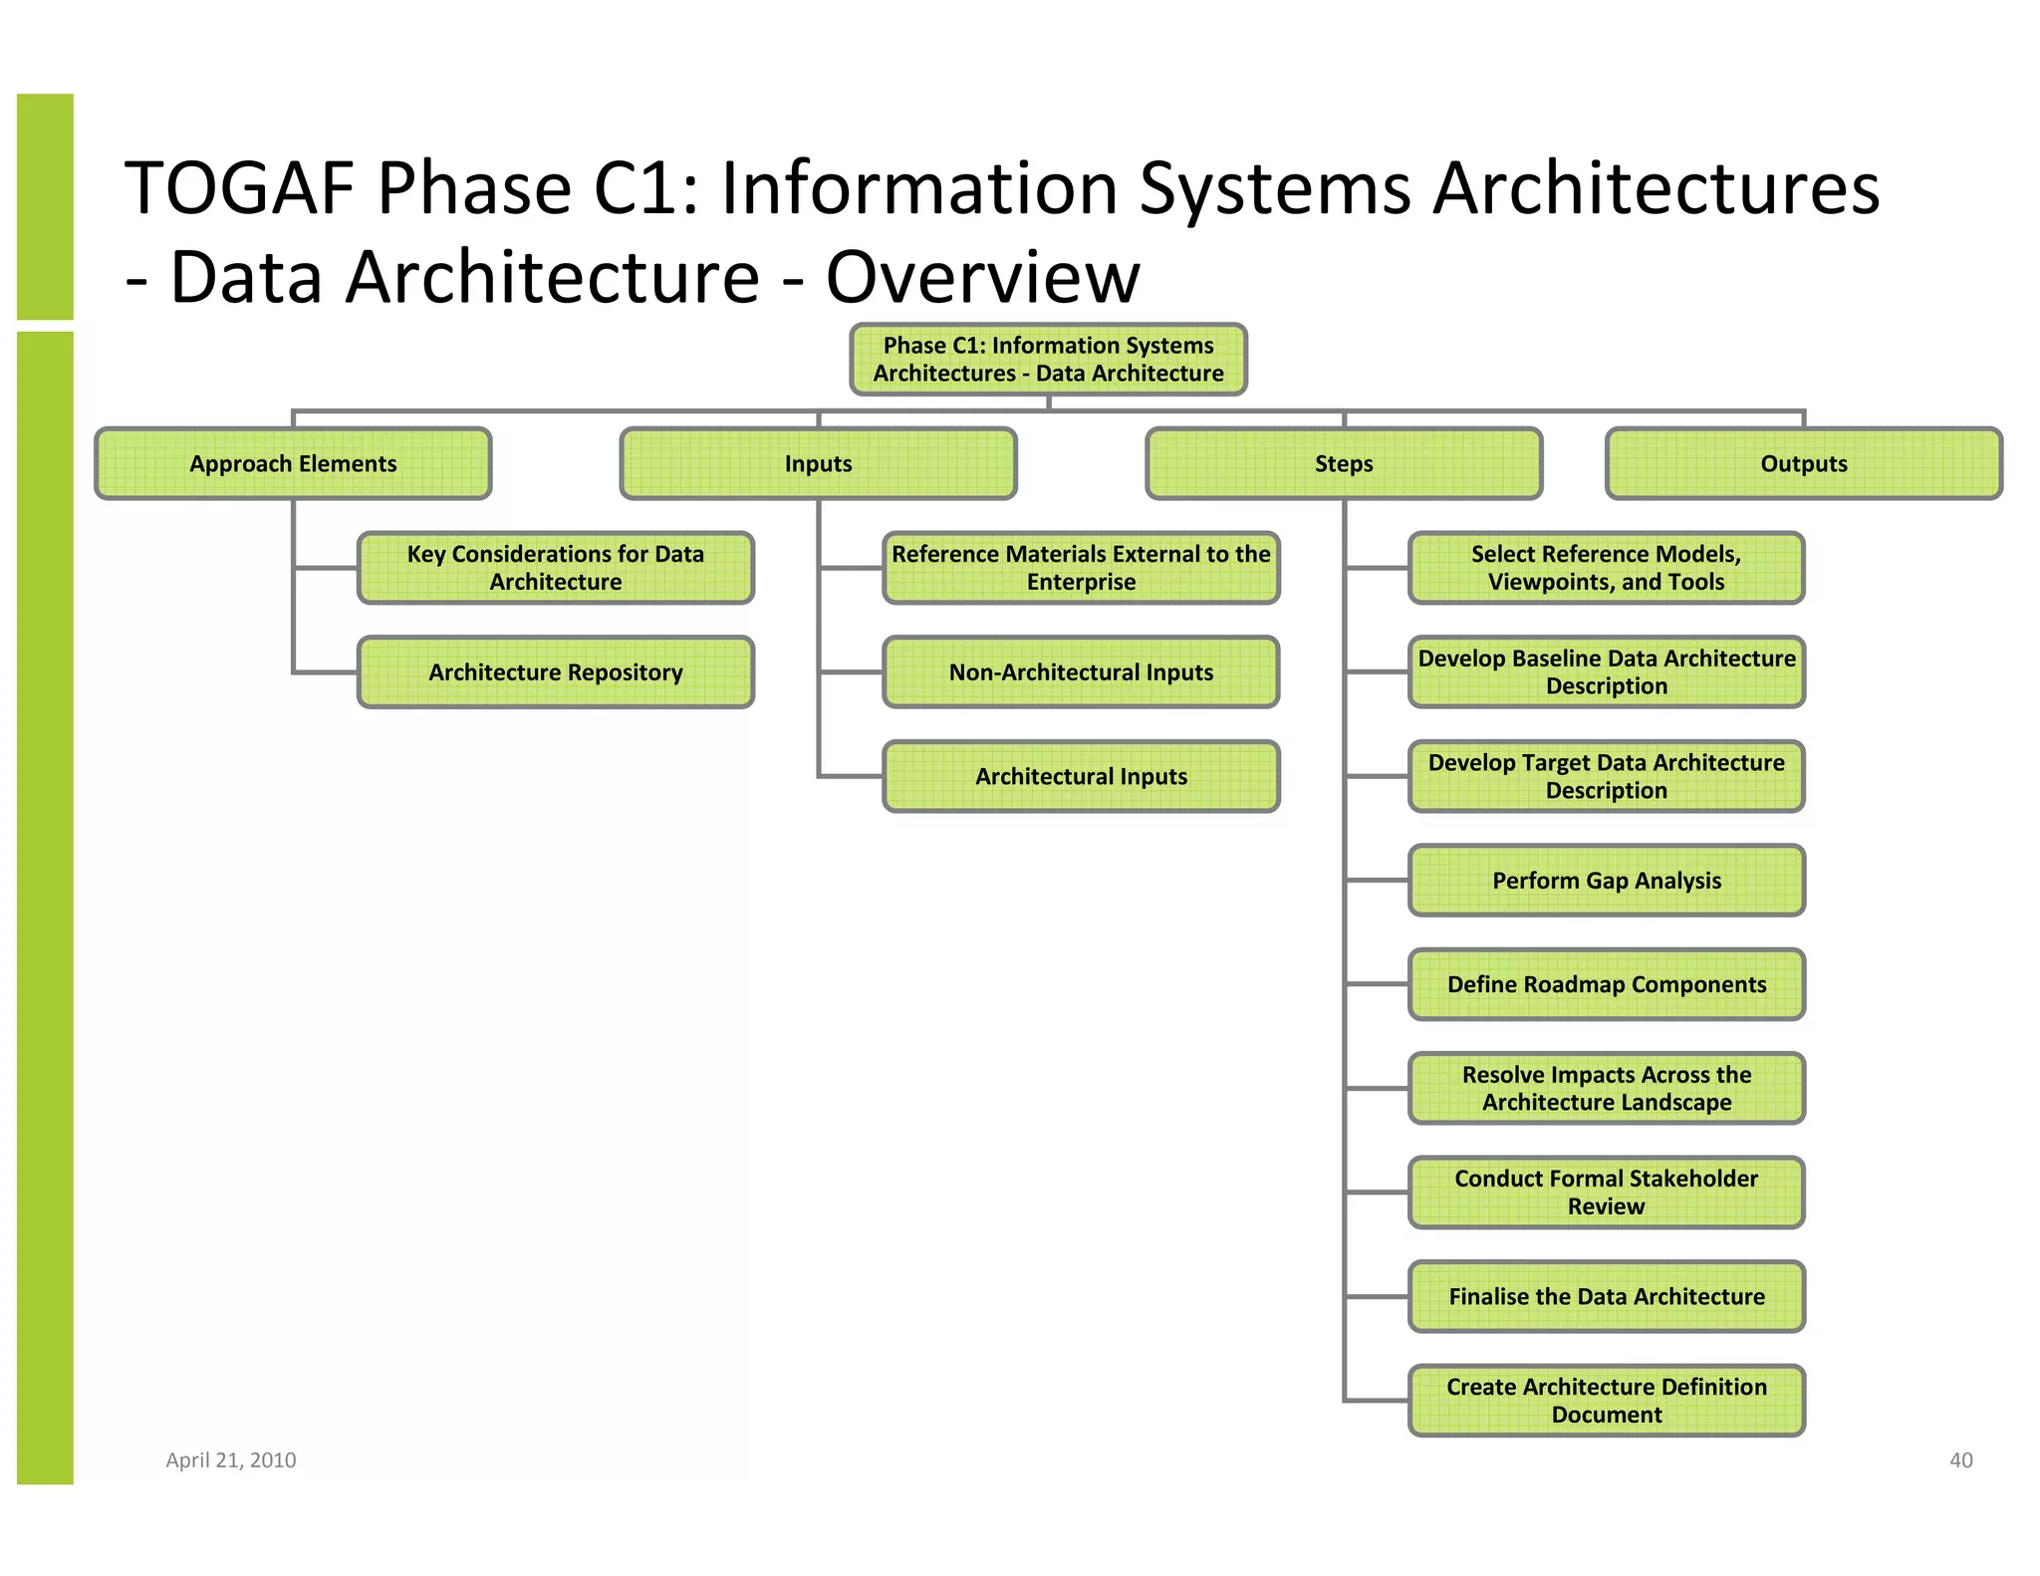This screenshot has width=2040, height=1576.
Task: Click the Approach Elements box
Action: pyautogui.click(x=293, y=463)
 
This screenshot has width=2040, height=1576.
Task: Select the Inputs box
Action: pyautogui.click(x=818, y=463)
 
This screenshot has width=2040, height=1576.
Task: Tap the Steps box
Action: pyautogui.click(x=1343, y=463)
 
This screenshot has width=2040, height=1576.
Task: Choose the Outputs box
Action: pyautogui.click(x=1803, y=463)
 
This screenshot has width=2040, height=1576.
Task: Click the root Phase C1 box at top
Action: pyautogui.click(x=1048, y=360)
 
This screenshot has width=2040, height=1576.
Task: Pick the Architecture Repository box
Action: pyautogui.click(x=555, y=672)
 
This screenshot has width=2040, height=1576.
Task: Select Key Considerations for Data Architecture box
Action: pyautogui.click(x=555, y=568)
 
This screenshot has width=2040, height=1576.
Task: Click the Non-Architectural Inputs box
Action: pyautogui.click(x=1081, y=672)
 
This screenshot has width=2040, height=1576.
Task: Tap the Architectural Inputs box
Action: pyautogui.click(x=1081, y=776)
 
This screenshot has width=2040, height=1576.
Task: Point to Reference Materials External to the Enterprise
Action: pyautogui.click(x=1081, y=568)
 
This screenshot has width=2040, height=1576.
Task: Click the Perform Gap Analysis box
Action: pyautogui.click(x=1606, y=881)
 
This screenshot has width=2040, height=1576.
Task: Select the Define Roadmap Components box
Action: pyautogui.click(x=1606, y=984)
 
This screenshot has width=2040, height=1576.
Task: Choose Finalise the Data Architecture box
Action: pyautogui.click(x=1606, y=1296)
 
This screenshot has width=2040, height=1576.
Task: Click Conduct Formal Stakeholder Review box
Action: pyautogui.click(x=1606, y=1192)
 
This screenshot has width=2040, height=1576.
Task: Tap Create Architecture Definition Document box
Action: pyautogui.click(x=1606, y=1401)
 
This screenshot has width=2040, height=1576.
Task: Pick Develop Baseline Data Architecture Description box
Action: pyautogui.click(x=1606, y=672)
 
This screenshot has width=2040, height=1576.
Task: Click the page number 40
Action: pyautogui.click(x=1960, y=1459)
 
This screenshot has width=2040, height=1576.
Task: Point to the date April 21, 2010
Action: pyautogui.click(x=230, y=1459)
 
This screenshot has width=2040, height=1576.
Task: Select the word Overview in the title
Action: pyautogui.click(x=982, y=277)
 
